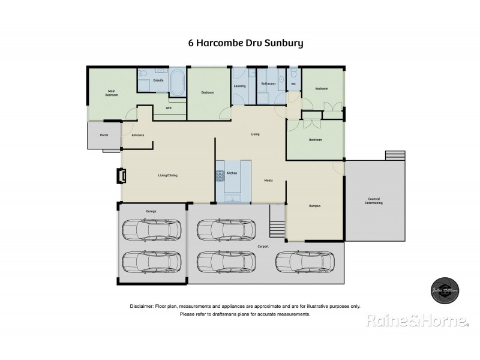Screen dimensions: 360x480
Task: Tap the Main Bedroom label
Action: [112, 93]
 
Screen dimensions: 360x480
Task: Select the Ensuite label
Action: [158, 80]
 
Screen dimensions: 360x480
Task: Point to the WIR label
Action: [169, 109]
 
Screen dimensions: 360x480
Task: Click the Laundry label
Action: [240, 86]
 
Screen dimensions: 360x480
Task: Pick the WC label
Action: [293, 84]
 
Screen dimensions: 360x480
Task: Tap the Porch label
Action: [104, 136]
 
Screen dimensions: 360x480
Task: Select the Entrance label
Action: [137, 135]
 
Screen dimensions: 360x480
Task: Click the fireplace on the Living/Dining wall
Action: [121, 175]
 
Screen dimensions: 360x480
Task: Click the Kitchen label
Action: [232, 173]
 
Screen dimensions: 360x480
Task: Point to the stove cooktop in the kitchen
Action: [220, 175]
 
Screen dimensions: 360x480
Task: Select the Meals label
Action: [269, 180]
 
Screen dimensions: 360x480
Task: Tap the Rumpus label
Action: [314, 206]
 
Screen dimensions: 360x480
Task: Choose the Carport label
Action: [263, 247]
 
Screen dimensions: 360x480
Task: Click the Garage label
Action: [151, 211]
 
